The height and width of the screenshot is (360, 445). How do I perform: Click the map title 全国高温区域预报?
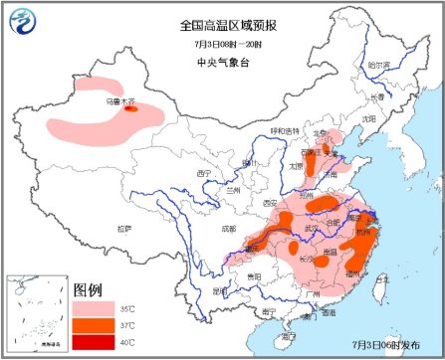click(x=222, y=23)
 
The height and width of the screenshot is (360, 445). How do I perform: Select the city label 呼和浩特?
click(x=285, y=131)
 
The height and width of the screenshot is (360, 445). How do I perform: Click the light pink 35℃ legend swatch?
click(x=95, y=309)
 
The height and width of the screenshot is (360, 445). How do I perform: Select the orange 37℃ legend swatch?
click(x=95, y=326)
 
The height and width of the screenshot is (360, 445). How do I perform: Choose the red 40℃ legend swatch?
click(x=95, y=343)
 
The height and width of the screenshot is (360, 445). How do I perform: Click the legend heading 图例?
click(x=88, y=290)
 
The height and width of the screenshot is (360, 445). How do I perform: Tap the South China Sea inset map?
click(x=37, y=313)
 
